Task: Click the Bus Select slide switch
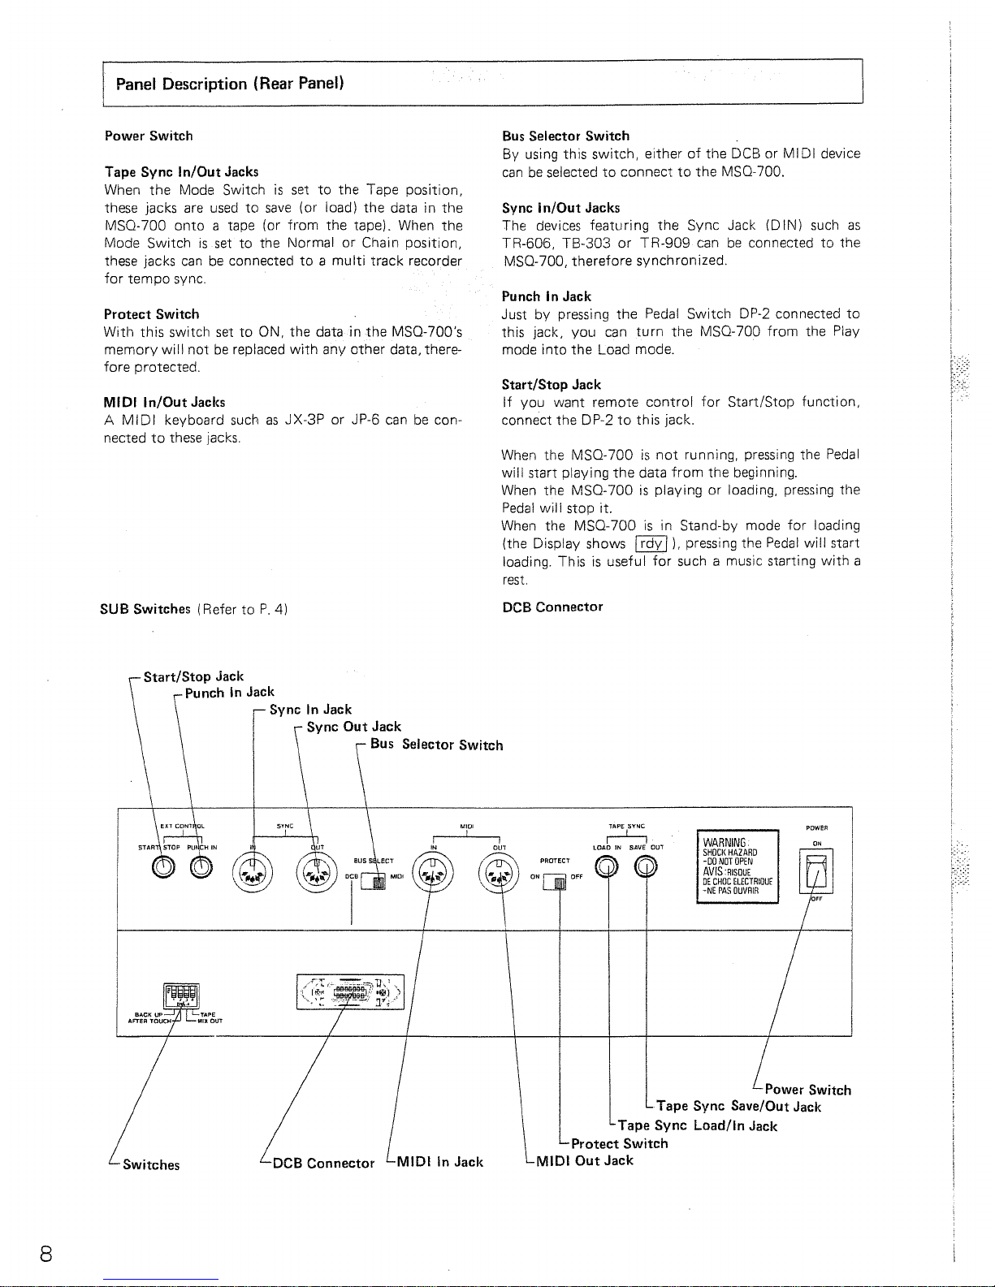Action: [374, 880]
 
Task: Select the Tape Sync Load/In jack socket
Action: [608, 869]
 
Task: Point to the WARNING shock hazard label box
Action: [738, 866]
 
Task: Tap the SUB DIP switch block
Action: [181, 993]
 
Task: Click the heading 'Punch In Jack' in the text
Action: [546, 296]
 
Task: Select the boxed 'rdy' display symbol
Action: [651, 544]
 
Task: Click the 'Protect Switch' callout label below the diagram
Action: [619, 1143]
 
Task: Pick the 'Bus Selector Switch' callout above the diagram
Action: [436, 745]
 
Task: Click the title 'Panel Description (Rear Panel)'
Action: [230, 84]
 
